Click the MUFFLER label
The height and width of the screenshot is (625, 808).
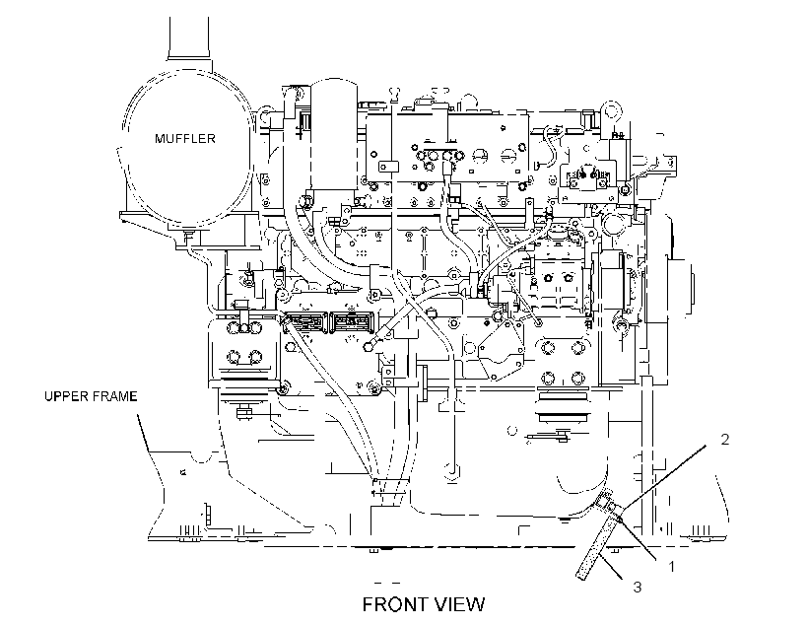185,138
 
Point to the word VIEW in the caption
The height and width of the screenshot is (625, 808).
459,604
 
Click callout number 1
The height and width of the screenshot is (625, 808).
671,567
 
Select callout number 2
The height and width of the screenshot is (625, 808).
724,440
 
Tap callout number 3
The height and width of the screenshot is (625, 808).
637,587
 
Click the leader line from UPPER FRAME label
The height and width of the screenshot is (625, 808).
143,432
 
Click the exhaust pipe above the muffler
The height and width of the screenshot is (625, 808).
188,37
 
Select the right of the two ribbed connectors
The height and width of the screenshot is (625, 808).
352,322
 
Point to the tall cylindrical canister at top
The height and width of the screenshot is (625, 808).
334,134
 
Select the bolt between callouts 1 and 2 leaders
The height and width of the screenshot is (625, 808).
621,520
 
